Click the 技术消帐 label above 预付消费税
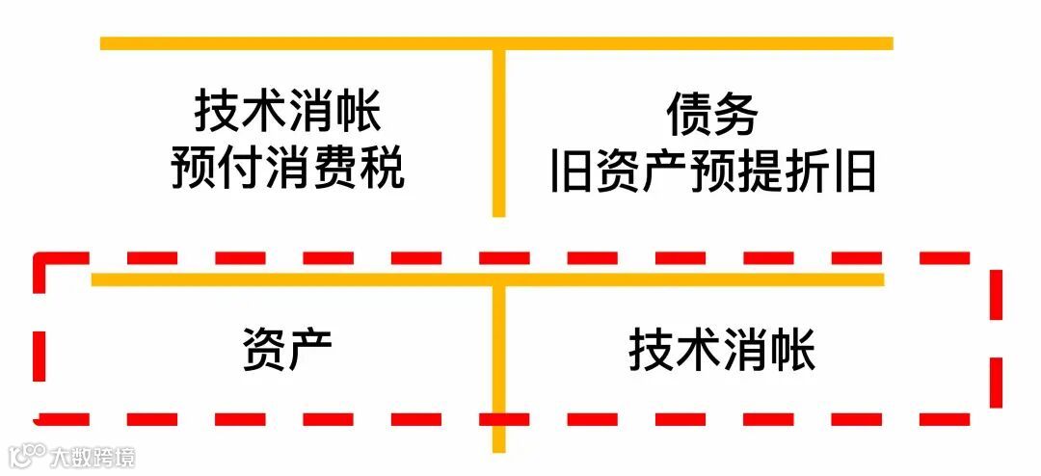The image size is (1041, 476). (x=288, y=112)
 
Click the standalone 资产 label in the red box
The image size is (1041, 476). (x=286, y=352)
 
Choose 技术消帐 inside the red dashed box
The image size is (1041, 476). (x=722, y=351)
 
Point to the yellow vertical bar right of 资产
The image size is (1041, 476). (x=498, y=366)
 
